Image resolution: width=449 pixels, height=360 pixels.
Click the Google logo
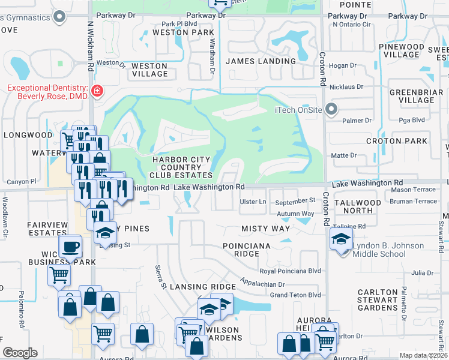[x=20, y=353]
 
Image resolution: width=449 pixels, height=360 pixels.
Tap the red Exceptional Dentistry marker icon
[x=96, y=91]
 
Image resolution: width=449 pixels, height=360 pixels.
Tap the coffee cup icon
[x=70, y=246]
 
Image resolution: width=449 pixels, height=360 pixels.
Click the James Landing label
[x=261, y=61]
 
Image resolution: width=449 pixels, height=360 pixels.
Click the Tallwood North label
[x=358, y=208]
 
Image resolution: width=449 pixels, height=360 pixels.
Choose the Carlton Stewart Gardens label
[x=378, y=300]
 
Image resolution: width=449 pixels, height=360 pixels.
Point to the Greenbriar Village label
[x=416, y=96]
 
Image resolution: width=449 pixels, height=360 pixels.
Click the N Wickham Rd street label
[x=90, y=45]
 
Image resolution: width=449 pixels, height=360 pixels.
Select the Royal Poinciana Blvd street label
[x=291, y=271]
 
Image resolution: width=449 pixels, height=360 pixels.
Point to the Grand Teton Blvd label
[x=295, y=295]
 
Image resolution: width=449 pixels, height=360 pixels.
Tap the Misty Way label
[x=265, y=229]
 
